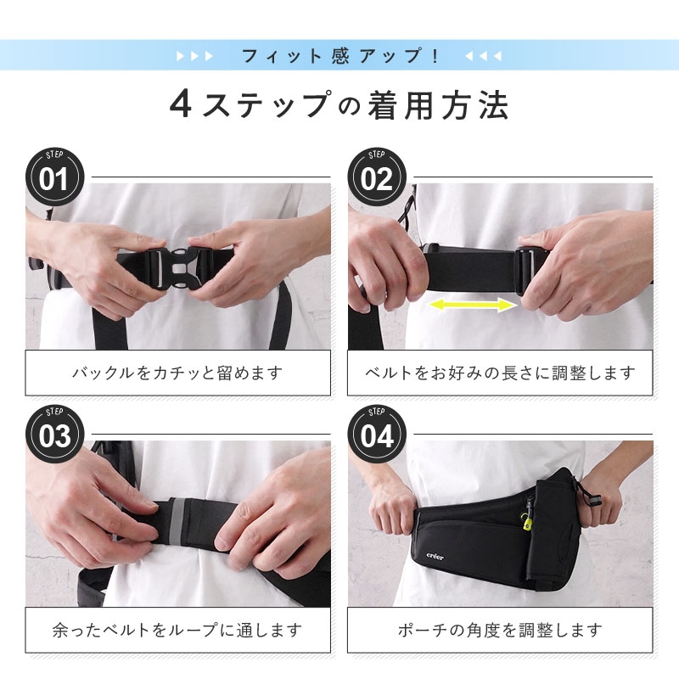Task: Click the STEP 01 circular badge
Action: (x=54, y=177)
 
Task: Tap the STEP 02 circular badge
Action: (x=377, y=177)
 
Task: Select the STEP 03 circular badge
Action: (x=54, y=435)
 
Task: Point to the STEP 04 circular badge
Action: (x=377, y=435)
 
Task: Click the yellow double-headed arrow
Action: (x=473, y=305)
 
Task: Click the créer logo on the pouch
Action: (x=435, y=557)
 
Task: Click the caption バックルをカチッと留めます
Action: (x=177, y=373)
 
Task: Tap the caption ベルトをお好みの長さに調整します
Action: (x=500, y=373)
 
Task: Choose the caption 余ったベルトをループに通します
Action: (x=177, y=630)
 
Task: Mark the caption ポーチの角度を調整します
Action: (x=500, y=630)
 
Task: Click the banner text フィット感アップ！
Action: (x=340, y=56)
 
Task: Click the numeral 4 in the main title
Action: (x=181, y=104)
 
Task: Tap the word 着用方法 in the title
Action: (x=439, y=104)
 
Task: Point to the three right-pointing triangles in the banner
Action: (x=195, y=56)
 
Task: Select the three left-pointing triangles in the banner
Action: (x=483, y=56)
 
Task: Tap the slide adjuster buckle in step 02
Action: (x=527, y=270)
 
